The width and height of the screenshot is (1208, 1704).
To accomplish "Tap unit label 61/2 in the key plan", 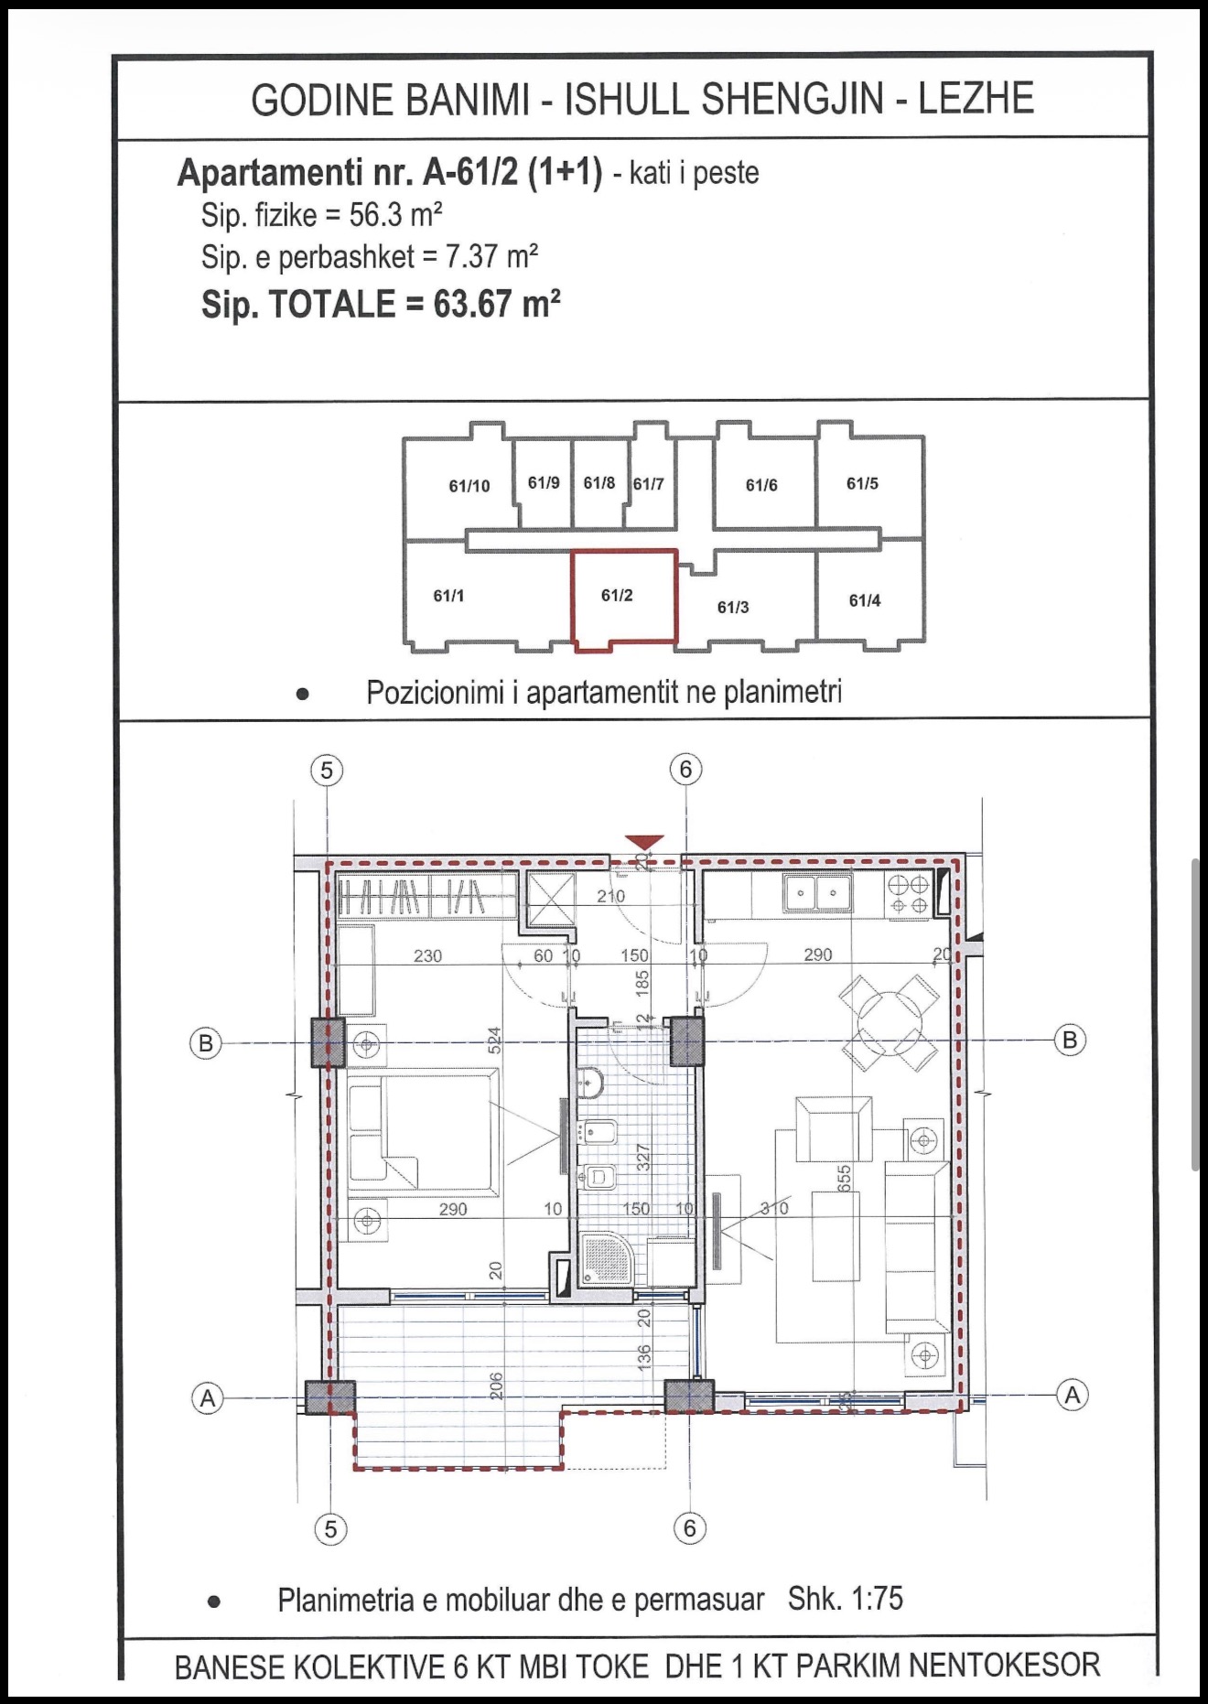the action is point(617,596).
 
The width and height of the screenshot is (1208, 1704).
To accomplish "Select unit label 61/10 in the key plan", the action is point(469,486).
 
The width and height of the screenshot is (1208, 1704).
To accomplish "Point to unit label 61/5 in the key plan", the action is point(862,483).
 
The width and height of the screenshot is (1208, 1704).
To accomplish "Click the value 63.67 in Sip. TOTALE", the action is point(472,304).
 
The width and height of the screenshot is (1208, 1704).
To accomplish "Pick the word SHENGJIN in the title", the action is point(793,99).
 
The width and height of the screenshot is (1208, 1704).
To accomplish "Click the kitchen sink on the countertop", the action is point(817,891).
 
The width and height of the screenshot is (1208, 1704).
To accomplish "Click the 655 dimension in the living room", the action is point(844,1177).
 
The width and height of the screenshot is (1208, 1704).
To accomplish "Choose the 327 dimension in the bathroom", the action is point(642,1158).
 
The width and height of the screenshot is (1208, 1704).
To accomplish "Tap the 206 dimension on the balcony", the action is point(495,1386).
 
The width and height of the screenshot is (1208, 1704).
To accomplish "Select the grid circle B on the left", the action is point(206,1043).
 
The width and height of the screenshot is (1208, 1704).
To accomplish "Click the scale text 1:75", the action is point(877,1598).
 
